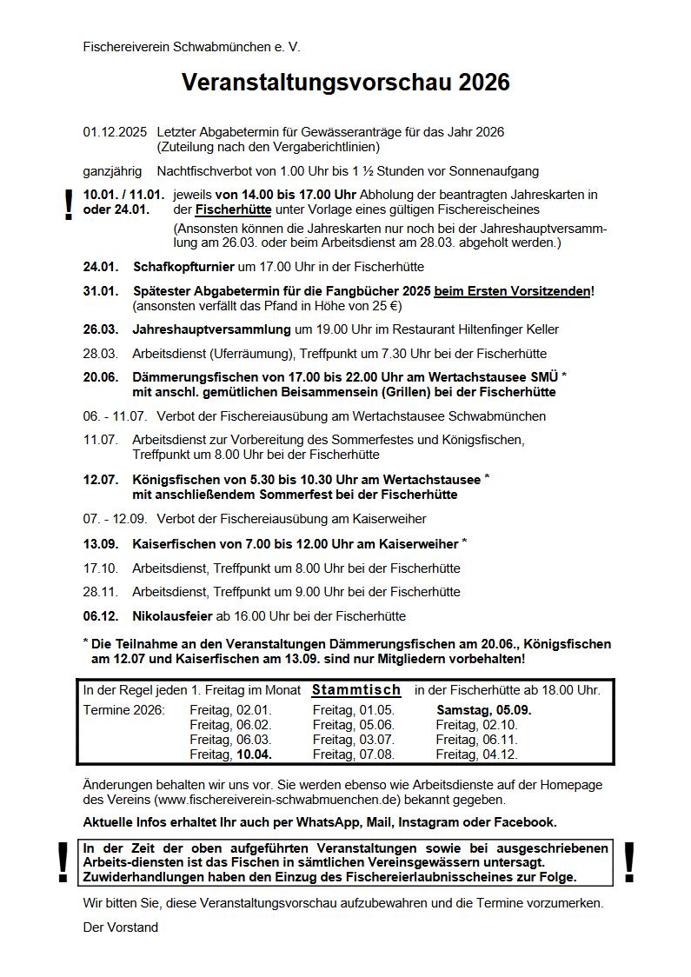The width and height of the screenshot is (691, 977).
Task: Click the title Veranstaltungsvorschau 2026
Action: (345, 83)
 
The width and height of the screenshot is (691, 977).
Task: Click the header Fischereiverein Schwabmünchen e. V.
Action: (191, 46)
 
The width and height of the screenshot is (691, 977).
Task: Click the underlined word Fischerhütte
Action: (234, 209)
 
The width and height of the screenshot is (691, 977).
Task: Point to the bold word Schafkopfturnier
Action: (183, 267)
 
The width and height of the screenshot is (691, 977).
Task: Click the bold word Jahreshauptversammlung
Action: (211, 329)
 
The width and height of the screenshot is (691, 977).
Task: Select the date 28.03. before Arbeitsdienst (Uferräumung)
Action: (100, 354)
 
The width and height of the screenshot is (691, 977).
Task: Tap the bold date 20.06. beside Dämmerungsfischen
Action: (101, 377)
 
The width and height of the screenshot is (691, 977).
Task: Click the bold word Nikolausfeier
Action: (172, 615)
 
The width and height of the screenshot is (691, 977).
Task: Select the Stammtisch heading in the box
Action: (356, 690)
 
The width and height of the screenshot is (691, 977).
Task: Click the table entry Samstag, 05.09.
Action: (483, 710)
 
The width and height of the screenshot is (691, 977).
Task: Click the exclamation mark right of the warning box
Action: (629, 862)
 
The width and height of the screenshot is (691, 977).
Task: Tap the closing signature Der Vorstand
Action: (120, 927)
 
